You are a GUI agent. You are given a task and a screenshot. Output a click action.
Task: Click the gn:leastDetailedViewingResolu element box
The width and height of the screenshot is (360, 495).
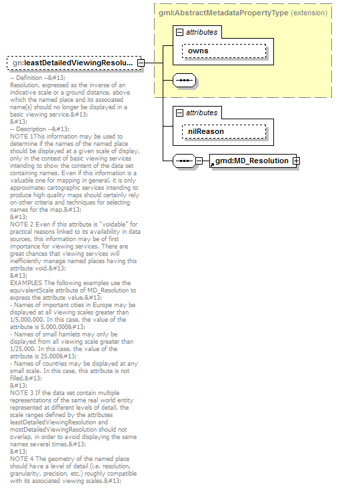[72, 63]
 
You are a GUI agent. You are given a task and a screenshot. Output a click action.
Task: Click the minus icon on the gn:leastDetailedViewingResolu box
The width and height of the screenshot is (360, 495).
[141, 63]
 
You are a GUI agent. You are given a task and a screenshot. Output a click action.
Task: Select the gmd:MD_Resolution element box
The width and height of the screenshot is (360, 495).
[251, 161]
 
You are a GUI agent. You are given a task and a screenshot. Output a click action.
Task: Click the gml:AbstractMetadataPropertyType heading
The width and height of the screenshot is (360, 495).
[223, 13]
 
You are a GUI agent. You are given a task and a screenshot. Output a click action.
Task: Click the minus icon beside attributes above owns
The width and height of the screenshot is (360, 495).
[179, 32]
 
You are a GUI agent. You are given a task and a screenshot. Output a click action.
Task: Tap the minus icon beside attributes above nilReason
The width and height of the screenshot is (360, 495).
[179, 113]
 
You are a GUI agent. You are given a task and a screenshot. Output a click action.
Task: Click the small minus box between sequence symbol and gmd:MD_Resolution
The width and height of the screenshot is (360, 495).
[199, 161]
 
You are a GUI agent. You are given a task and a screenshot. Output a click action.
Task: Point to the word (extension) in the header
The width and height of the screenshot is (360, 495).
[309, 13]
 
